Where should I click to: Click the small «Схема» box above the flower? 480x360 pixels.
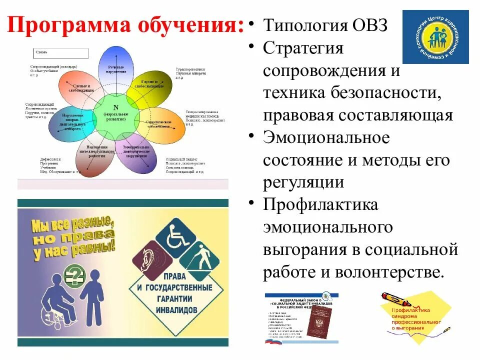(x=61, y=53)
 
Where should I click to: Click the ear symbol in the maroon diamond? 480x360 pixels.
(x=149, y=259)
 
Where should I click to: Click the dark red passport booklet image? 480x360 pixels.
(x=318, y=320)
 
